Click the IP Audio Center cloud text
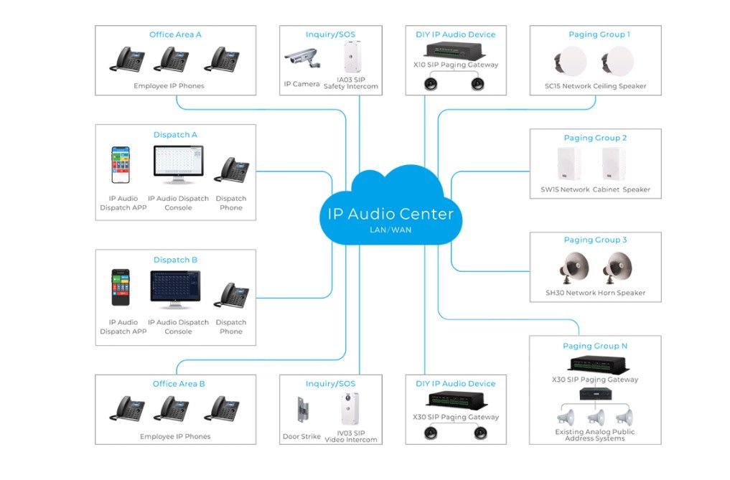coord(390,214)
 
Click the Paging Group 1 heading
coord(599,34)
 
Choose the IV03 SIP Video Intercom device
coord(350,409)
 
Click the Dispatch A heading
coord(175,135)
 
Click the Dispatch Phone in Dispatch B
coord(233,295)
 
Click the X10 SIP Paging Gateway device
coord(456,50)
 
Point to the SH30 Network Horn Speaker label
coord(595,293)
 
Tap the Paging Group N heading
coord(595,346)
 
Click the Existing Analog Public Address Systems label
coord(594,435)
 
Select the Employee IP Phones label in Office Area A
coord(169,86)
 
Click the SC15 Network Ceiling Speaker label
coord(595,86)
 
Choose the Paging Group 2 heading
coord(595,138)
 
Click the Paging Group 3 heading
coord(595,240)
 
